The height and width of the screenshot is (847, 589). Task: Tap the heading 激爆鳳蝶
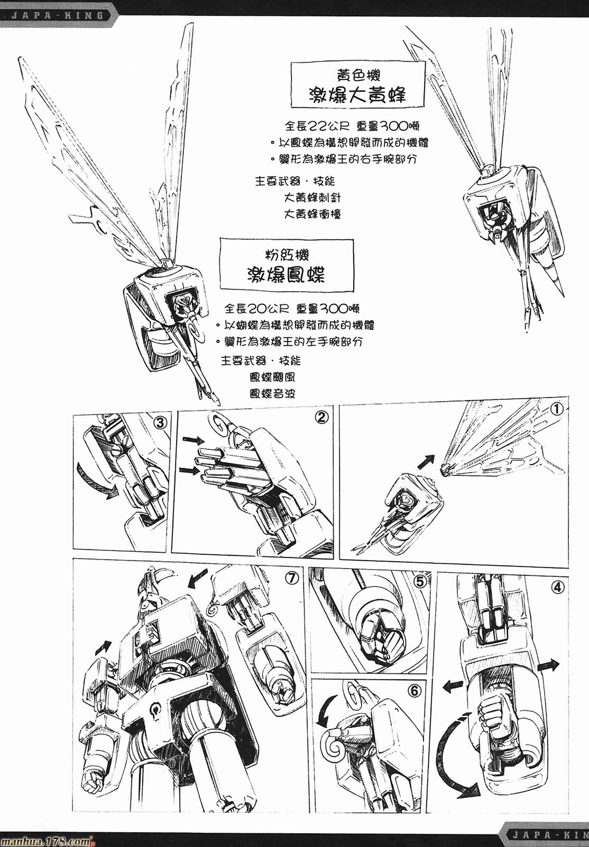(x=287, y=275)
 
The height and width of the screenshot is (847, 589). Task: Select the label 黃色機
(x=357, y=73)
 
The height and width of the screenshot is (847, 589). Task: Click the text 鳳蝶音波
(x=272, y=393)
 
